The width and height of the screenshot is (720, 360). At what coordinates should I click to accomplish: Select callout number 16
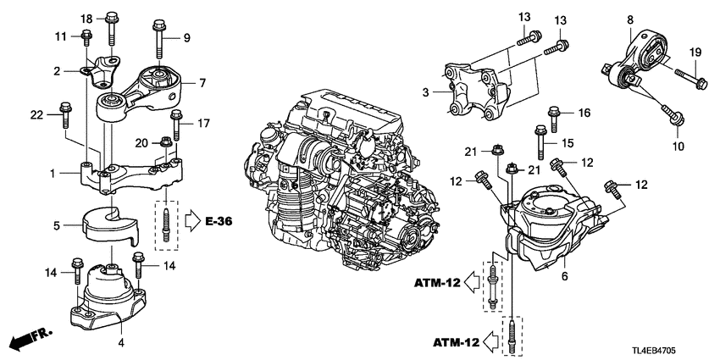[584, 112]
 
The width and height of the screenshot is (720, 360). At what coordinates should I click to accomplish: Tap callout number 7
[202, 83]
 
